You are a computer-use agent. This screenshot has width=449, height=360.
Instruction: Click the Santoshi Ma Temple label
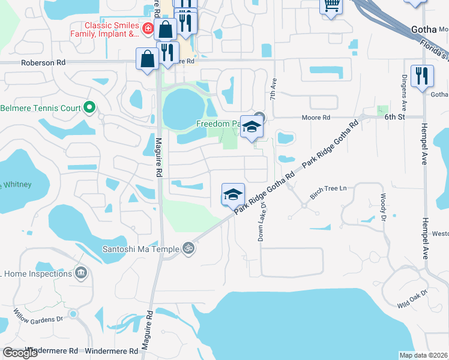[x=142, y=248]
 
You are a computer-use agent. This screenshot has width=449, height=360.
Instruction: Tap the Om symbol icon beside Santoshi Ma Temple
[x=188, y=247]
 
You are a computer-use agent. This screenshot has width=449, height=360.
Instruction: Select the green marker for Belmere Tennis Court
[x=89, y=108]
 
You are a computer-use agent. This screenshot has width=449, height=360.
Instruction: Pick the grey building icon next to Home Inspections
[x=81, y=274]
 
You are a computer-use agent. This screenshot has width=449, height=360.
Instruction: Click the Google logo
[x=20, y=353]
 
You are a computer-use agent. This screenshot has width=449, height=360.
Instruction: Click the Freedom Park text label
[x=218, y=124]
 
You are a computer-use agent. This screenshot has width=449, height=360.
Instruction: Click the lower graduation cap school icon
[x=233, y=194]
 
